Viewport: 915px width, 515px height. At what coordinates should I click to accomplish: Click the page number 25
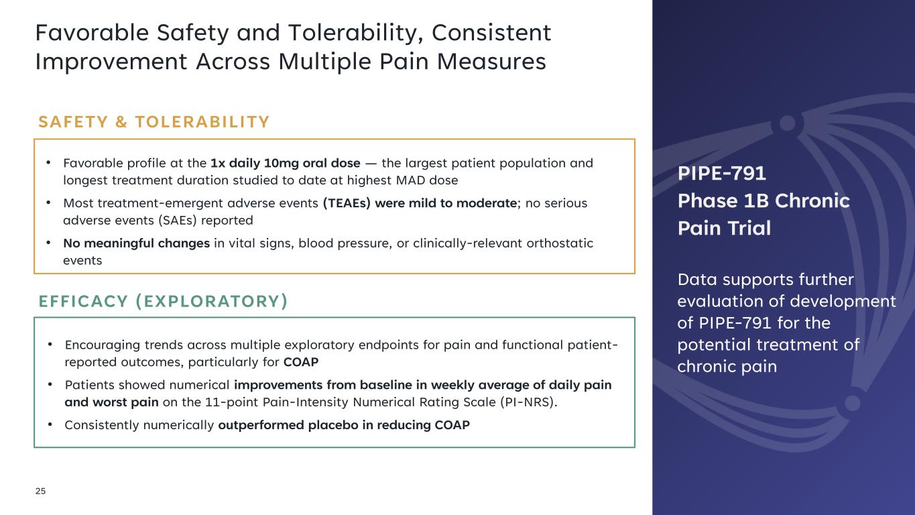40,491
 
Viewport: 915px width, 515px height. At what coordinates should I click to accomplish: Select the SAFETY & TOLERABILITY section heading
154,122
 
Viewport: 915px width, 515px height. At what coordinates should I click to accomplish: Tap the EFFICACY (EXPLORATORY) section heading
163,301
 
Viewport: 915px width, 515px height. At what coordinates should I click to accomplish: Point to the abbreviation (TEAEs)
347,203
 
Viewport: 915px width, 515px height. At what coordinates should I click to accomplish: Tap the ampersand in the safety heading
121,122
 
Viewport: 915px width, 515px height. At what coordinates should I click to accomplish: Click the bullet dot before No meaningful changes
49,243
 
